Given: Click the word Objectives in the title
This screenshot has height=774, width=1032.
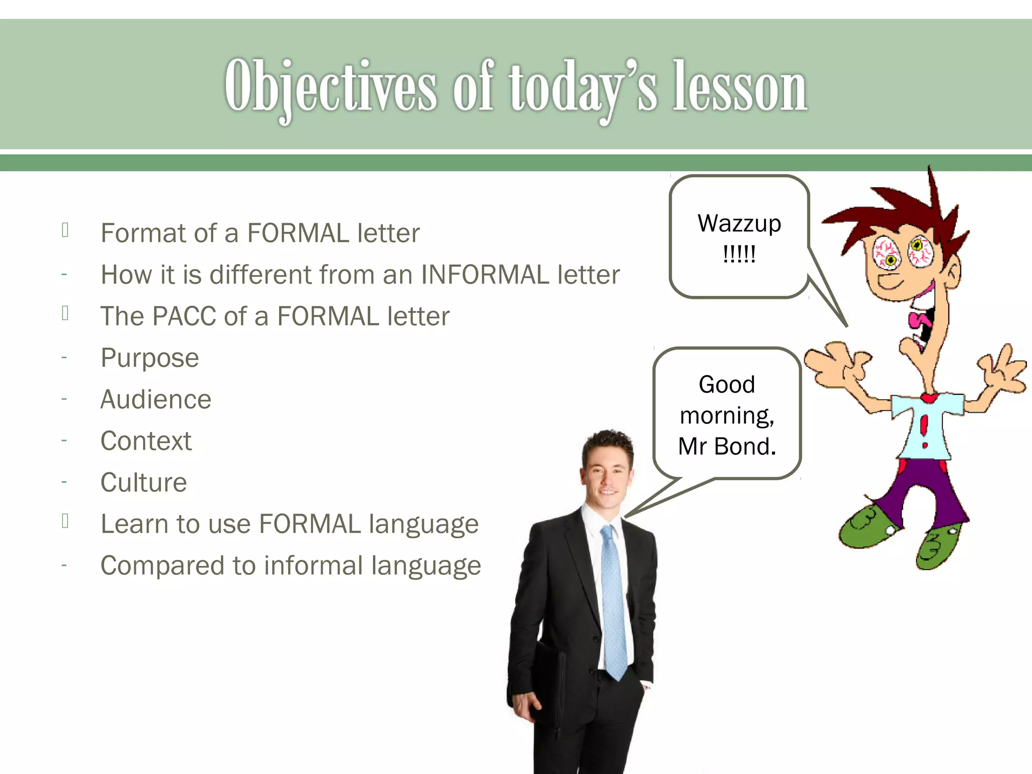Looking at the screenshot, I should coord(330,86).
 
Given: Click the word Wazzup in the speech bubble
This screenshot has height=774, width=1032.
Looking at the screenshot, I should coord(739,223).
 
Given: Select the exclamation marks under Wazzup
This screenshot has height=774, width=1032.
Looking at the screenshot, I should coord(739,254).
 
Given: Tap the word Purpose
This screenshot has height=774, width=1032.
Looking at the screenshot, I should coord(150,358).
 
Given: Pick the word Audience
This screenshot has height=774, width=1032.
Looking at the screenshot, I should coord(156,400).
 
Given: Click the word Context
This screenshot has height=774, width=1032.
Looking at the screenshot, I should coord(146,441).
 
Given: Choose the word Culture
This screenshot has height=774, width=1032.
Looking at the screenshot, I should coord(144,483).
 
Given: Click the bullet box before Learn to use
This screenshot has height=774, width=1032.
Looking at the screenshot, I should coord(65,521).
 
